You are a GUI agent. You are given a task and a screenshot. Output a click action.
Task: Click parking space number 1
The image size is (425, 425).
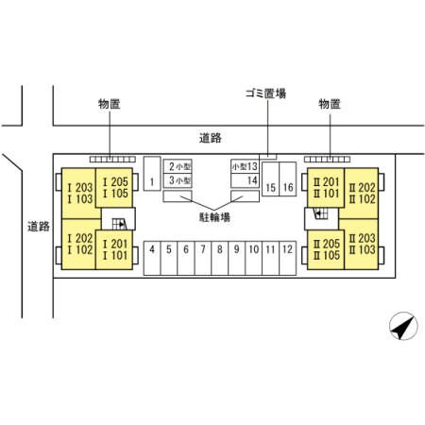152,174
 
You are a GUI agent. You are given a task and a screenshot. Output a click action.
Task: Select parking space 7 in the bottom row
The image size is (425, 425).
203,258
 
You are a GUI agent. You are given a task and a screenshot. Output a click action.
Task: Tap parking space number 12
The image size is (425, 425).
287,258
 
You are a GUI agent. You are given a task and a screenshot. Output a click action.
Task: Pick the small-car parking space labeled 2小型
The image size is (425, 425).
178,166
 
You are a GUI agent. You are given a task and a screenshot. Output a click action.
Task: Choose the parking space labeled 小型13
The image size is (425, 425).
245,166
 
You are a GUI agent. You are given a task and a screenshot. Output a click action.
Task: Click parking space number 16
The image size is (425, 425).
288,179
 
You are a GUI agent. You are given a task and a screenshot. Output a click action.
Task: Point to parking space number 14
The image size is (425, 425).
245,180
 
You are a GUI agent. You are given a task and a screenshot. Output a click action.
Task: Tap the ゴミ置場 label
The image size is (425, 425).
266,93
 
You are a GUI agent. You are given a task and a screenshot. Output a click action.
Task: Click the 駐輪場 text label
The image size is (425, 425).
214,217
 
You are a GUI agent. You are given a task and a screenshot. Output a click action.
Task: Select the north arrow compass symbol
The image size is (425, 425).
403,326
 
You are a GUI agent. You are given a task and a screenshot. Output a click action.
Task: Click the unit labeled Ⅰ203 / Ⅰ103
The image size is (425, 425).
79,194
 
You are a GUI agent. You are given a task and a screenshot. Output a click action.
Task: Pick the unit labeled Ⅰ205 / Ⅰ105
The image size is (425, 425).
114,188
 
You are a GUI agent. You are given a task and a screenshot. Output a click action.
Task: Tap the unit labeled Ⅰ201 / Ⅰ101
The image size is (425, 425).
114,250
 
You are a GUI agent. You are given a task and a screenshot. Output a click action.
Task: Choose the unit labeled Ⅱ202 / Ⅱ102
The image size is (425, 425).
362,194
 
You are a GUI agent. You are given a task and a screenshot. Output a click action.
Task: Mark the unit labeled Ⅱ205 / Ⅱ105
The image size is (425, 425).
326,249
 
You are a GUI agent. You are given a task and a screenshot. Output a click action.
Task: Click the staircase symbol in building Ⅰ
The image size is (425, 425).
120,224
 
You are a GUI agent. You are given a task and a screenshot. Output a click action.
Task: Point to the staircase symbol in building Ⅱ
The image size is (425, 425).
321,213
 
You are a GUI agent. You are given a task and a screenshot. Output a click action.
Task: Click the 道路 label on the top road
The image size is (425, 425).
211,138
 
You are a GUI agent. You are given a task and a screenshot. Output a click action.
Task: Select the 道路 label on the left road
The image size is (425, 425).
39,227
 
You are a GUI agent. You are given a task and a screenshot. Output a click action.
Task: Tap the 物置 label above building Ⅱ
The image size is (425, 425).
330,104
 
